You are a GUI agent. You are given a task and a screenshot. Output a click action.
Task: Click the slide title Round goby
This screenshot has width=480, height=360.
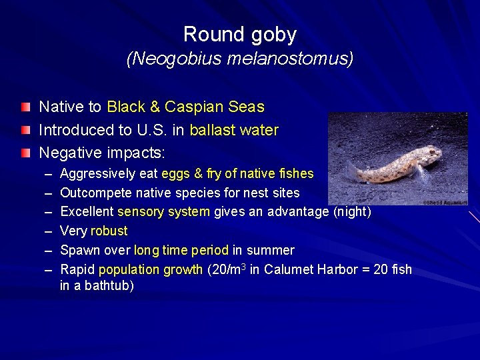pos(239,34)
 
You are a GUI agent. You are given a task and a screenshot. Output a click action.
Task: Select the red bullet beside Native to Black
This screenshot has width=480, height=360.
pos(25,107)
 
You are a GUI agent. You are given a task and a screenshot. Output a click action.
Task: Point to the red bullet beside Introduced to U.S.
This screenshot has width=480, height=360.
pos(25,130)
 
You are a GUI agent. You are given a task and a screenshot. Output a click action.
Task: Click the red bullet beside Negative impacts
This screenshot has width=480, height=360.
pos(25,153)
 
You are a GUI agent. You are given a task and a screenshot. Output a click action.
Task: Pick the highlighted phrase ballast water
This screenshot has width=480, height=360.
pos(234,130)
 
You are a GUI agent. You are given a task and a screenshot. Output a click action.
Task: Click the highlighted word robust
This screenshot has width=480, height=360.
pos(109,231)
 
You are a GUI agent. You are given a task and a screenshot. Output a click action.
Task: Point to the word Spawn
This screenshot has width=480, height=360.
pos(78,251)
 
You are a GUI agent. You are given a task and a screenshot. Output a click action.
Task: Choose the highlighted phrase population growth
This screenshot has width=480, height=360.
pos(150,270)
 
